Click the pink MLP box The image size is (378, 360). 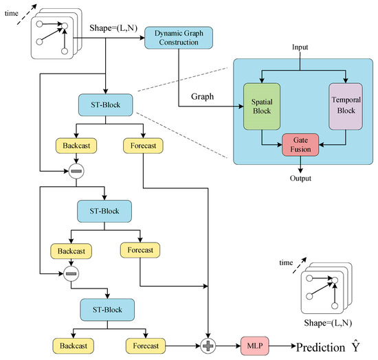coord(253,342)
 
